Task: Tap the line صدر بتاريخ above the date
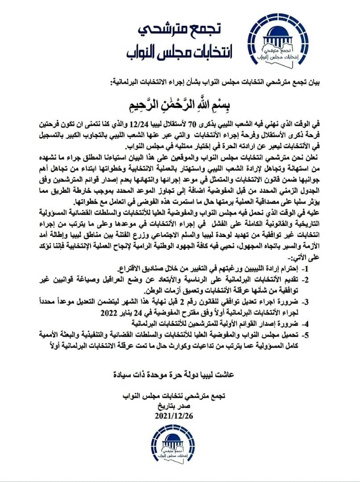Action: (179, 407)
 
